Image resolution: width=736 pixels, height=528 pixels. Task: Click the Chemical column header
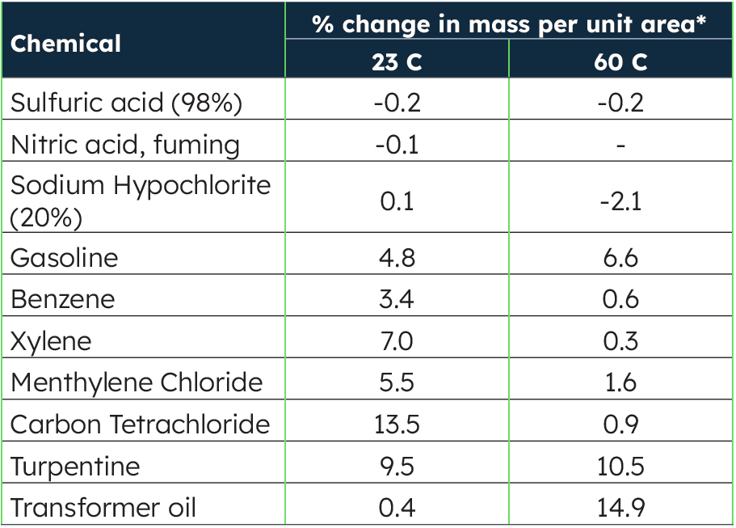(66, 43)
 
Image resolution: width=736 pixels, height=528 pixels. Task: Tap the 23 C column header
(397, 62)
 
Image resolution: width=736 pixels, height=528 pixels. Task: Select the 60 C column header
(620, 62)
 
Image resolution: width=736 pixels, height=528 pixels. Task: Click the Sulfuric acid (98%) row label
(127, 103)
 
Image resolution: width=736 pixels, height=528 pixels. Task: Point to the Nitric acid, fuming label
(125, 145)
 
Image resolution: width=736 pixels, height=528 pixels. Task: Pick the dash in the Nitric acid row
(620, 146)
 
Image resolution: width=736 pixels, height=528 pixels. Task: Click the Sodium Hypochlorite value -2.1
(620, 201)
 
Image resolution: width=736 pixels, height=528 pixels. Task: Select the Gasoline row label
(65, 257)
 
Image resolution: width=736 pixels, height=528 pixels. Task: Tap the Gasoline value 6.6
(620, 257)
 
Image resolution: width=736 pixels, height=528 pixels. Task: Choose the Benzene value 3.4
(397, 299)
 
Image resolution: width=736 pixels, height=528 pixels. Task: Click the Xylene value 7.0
(397, 341)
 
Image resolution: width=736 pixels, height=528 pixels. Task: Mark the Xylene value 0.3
(620, 341)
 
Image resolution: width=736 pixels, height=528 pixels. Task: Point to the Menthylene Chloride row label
(137, 382)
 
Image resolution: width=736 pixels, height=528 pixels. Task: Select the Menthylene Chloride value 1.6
(620, 382)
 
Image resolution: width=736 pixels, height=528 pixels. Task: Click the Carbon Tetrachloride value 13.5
(397, 425)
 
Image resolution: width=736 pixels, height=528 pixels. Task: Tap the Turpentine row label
(75, 467)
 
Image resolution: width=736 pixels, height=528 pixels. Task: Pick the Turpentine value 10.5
(620, 467)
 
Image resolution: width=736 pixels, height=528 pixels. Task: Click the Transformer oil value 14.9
(620, 508)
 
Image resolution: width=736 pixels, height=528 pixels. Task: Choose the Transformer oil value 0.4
(397, 508)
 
